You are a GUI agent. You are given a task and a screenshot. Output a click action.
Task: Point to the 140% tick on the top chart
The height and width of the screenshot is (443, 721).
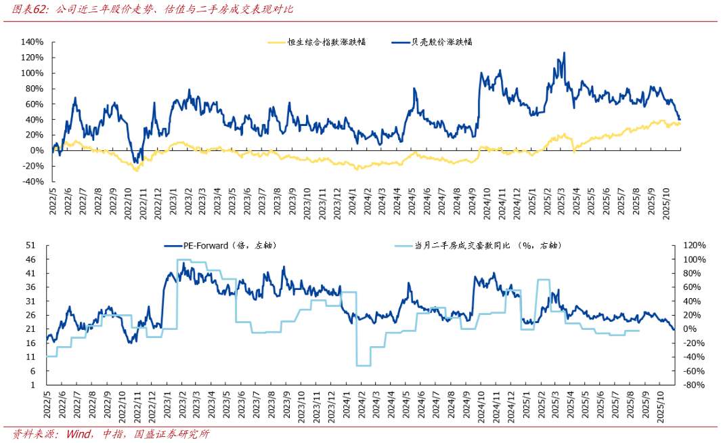[32, 42]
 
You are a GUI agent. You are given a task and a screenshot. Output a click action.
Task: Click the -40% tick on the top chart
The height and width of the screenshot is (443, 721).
[32, 182]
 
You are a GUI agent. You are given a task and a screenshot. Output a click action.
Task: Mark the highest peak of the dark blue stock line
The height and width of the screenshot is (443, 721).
[565, 53]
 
